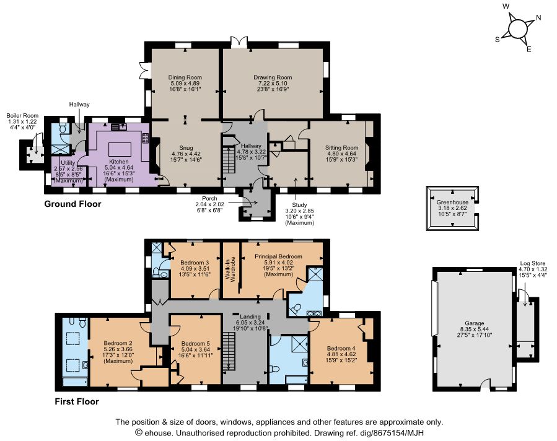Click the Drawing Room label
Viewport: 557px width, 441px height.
[273, 77]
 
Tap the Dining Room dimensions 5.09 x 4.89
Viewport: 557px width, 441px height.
[185, 84]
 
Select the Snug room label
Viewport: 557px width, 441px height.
[186, 147]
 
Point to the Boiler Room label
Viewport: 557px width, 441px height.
[22, 116]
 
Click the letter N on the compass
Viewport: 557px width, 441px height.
[538, 18]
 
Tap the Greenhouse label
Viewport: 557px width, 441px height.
[452, 202]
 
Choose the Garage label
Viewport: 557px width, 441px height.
[475, 323]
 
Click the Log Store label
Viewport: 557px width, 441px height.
[532, 263]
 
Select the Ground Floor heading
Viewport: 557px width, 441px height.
[72, 204]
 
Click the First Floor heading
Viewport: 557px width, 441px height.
[77, 401]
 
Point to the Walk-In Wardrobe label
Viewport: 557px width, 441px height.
[230, 269]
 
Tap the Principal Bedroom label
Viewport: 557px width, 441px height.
[279, 256]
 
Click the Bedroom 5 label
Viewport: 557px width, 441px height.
[195, 344]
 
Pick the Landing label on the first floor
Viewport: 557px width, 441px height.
[250, 317]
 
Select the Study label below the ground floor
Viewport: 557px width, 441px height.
[299, 205]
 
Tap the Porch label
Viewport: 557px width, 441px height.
[209, 198]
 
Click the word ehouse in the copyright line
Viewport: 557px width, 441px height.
[159, 433]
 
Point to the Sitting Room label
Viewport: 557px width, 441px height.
[342, 147]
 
